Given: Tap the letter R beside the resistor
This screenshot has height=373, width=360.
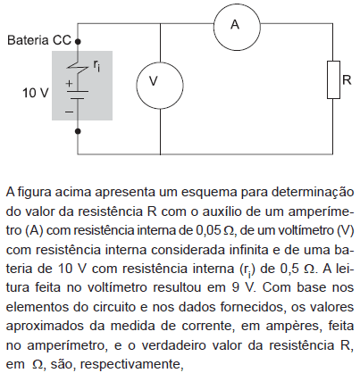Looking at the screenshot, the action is coord(347,80).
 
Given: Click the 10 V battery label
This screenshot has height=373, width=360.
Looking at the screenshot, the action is coord(35,93).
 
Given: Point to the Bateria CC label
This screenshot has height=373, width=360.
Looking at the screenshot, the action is coord(39,40).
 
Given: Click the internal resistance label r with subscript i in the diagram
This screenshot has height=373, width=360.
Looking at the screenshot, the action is coord(96,66).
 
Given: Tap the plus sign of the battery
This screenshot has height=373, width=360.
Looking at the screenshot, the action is coord(69,84).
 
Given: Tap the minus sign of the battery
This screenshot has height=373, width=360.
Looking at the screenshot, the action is coord(69,112).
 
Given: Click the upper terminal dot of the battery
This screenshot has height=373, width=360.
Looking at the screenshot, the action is coord(78,42).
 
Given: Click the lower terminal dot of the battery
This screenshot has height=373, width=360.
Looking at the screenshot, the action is coord(78,131).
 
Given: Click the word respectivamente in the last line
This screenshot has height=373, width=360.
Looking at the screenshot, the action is coord(131,365).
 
